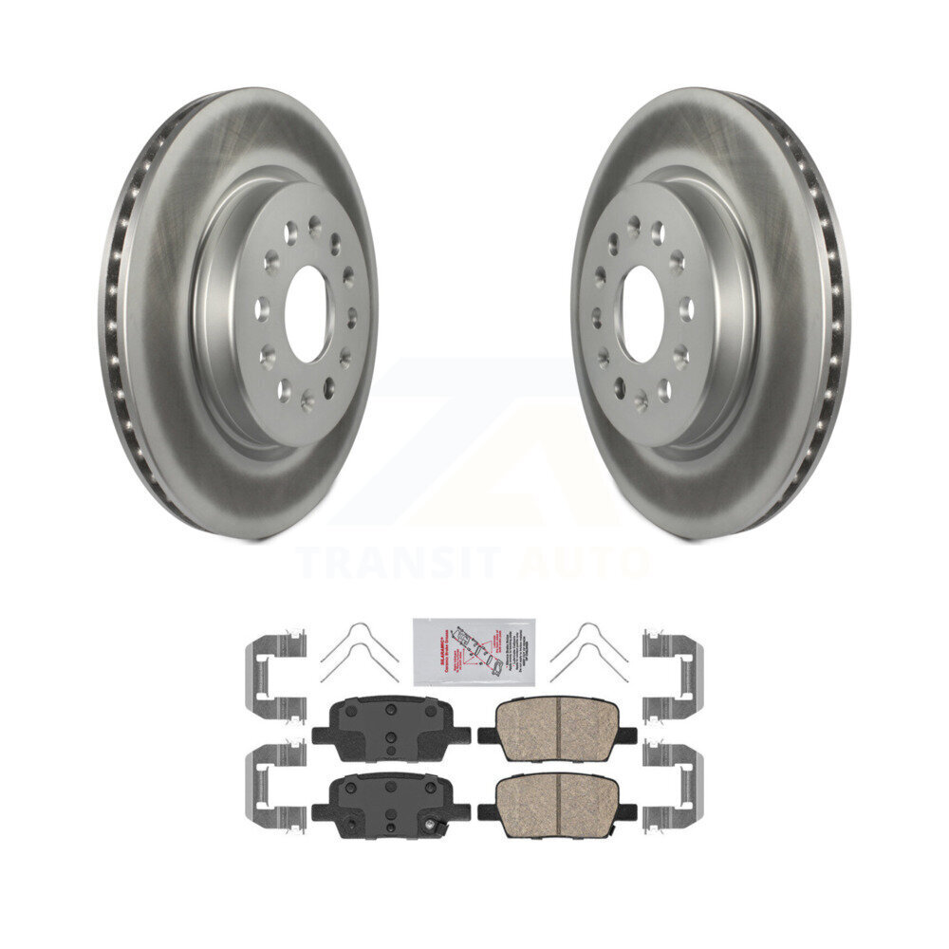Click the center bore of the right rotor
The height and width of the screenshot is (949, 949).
(642, 314)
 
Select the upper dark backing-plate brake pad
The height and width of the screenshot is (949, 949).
(390, 728)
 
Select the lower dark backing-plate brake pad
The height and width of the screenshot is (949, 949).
(390, 805)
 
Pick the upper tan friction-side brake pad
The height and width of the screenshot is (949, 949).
(558, 728)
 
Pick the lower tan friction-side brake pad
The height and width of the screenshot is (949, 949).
(558, 805)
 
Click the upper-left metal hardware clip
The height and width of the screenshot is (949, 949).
(275, 676)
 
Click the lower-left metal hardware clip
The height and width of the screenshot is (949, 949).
(275, 786)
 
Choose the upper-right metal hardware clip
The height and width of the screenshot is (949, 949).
(673, 676)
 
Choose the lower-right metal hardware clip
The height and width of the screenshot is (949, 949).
(673, 786)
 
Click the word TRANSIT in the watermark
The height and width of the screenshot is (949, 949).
(400, 563)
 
